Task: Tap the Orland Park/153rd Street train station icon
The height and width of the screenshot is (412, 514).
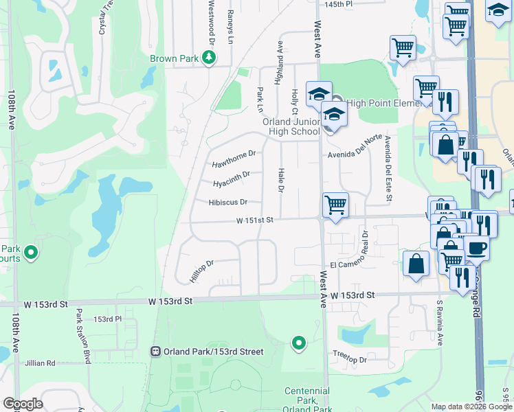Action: point(156,352)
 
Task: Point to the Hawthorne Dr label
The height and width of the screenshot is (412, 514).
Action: point(234,160)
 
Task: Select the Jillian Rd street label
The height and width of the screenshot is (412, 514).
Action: point(39,363)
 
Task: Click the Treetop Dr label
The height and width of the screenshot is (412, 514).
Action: point(350,359)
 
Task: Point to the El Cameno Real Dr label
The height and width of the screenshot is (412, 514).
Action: point(356,264)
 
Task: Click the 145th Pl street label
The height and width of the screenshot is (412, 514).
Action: point(338,4)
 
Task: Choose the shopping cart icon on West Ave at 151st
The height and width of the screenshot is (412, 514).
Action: point(335,204)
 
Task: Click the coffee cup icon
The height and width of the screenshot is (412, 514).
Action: point(476,247)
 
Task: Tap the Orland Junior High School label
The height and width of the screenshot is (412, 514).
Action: point(291,126)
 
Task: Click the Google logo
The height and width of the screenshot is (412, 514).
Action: point(23,404)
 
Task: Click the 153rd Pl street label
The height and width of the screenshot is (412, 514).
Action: point(107,319)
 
